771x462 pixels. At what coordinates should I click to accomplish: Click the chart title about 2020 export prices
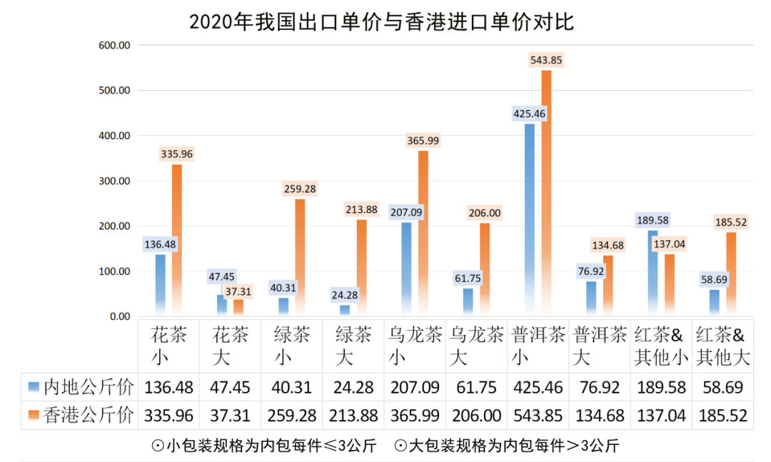[381, 21]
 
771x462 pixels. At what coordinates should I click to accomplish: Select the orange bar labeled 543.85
[546, 193]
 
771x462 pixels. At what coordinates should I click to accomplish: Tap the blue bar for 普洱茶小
[529, 214]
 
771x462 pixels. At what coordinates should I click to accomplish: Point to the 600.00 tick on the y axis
[114, 45]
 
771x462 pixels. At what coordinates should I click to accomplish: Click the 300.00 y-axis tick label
[114, 181]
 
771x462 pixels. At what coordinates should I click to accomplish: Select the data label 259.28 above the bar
[300, 189]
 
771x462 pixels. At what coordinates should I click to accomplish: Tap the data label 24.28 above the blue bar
[344, 294]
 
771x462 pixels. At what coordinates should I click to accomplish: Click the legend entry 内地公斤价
[80, 388]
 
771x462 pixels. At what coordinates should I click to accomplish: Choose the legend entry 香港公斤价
[80, 415]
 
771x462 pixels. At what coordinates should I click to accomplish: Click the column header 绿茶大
[354, 346]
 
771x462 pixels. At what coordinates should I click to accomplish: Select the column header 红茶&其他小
[661, 346]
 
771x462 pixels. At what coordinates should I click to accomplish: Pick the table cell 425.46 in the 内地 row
[538, 388]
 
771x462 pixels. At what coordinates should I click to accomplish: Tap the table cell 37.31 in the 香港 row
[231, 415]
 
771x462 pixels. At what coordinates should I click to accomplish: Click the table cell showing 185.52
[722, 415]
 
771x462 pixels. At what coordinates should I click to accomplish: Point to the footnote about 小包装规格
[265, 446]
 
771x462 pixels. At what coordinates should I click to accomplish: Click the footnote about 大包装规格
[507, 446]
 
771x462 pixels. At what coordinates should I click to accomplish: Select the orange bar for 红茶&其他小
[669, 284]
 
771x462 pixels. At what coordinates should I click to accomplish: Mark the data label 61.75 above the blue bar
[468, 278]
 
